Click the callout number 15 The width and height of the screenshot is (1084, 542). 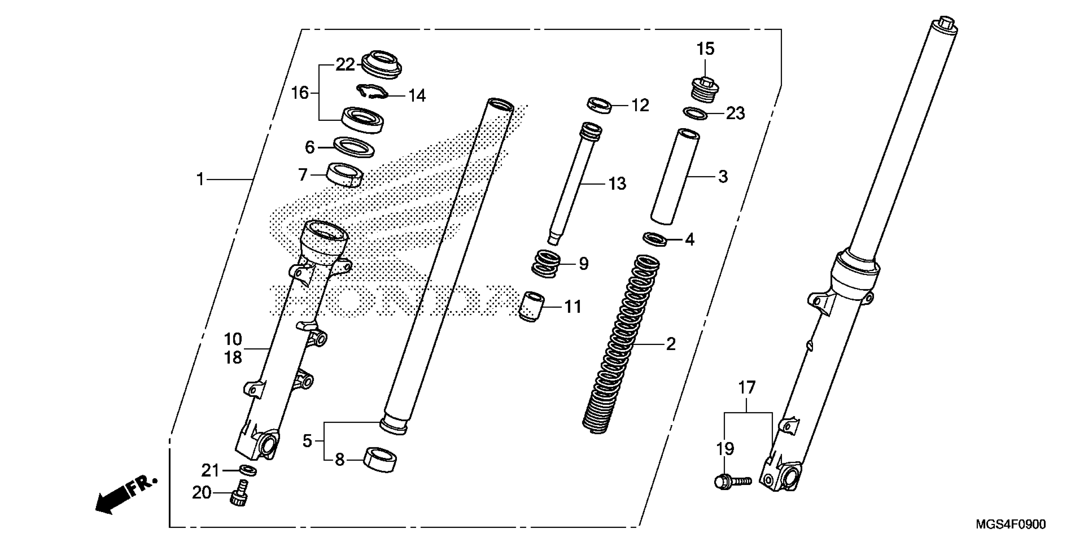pyautogui.click(x=705, y=49)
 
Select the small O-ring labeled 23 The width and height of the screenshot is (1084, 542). pyautogui.click(x=694, y=113)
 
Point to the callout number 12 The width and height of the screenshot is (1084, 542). pyautogui.click(x=640, y=105)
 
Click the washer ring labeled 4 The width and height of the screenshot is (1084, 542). pyautogui.click(x=655, y=239)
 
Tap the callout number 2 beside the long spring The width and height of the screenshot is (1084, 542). pyautogui.click(x=670, y=344)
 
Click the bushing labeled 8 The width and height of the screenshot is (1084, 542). pyautogui.click(x=380, y=460)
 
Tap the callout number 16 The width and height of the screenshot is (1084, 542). pyautogui.click(x=300, y=92)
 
